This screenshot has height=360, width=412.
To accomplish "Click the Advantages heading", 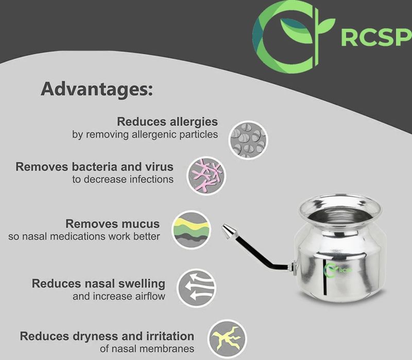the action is click(x=97, y=90).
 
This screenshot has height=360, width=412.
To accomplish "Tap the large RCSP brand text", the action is click(x=376, y=38).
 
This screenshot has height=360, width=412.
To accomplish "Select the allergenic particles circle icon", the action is click(x=248, y=140).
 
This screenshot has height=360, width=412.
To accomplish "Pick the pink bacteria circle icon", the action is click(x=207, y=176).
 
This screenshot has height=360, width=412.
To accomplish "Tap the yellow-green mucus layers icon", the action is click(x=191, y=230).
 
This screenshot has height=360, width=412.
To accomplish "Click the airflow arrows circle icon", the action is click(x=196, y=288).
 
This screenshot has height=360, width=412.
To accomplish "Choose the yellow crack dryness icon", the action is click(x=227, y=339).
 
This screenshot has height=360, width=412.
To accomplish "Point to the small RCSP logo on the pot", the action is click(x=338, y=270).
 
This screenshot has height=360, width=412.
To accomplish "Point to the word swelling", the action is click(x=142, y=284).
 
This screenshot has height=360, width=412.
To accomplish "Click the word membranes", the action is click(x=167, y=349).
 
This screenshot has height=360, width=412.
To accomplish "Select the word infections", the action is click(x=151, y=179).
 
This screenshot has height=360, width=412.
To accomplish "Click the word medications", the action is click(x=78, y=236).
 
